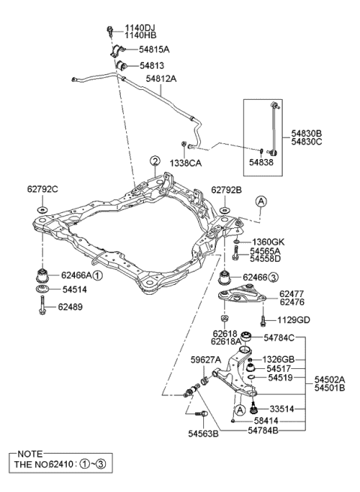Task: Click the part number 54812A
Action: tap(161, 79)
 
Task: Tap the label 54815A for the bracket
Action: tap(154, 49)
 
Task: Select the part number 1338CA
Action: tap(186, 163)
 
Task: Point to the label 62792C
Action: tap(42, 190)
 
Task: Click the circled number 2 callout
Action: tap(154, 161)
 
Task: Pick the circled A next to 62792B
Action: tap(261, 202)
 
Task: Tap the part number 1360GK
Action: tap(268, 242)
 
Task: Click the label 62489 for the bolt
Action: tap(70, 307)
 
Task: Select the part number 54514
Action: tap(75, 289)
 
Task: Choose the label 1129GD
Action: tap(294, 320)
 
